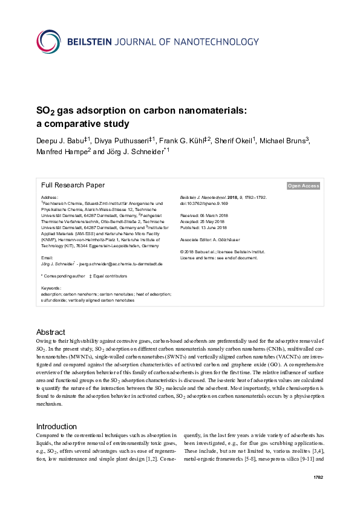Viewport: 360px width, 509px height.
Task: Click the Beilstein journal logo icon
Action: (51, 42)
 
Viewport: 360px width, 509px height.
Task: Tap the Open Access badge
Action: (303, 186)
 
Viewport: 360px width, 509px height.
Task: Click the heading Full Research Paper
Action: (73, 186)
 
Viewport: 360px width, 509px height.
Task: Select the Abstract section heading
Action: (50, 332)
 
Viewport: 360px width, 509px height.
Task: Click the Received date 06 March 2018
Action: (204, 214)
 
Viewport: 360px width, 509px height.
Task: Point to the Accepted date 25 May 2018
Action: (203, 221)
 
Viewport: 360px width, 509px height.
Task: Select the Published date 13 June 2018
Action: (204, 227)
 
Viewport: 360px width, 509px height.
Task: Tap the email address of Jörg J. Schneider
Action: (115, 264)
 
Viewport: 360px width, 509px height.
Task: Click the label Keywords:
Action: (51, 288)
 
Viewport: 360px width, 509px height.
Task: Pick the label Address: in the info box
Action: (49, 198)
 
